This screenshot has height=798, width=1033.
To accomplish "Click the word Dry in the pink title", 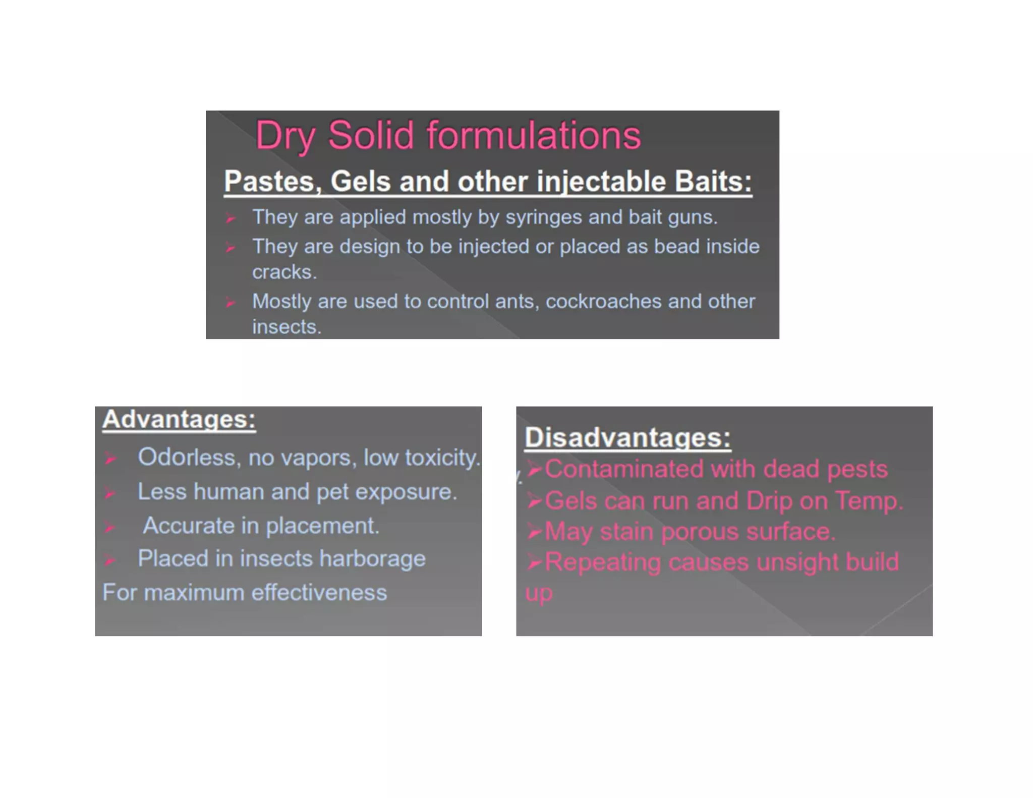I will (285, 136).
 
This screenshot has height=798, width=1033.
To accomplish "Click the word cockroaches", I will (603, 302).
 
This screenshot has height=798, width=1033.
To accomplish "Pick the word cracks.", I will (284, 272).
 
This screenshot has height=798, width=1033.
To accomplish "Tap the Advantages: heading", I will (179, 419).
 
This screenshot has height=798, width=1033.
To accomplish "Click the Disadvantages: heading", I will (627, 437).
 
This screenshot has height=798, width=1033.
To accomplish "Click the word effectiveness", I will (319, 593).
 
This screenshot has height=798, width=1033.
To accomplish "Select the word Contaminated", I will (624, 469).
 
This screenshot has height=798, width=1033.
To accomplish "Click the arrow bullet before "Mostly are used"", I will (231, 303).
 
